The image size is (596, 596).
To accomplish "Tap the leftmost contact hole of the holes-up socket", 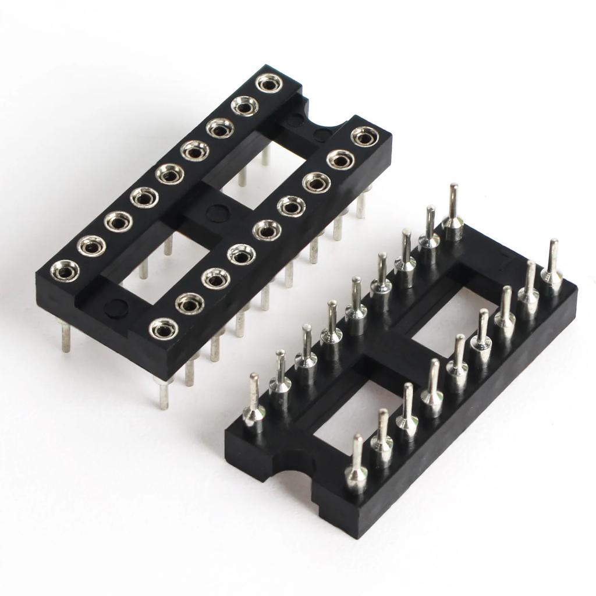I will point(65,271).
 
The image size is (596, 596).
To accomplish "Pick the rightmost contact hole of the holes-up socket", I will point(365,137).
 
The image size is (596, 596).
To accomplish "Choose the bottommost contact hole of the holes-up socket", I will point(163,328).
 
